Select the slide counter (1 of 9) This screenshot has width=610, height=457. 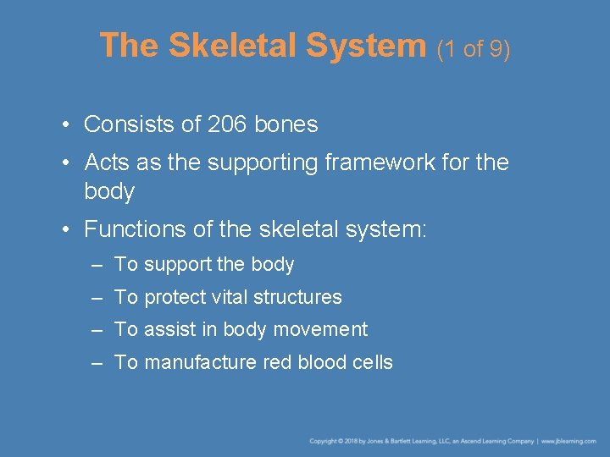[x=474, y=48]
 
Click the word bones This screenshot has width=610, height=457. [x=286, y=124]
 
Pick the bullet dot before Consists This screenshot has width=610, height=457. [x=65, y=125]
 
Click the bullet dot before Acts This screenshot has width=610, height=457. [x=65, y=162]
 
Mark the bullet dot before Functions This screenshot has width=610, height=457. [x=65, y=229]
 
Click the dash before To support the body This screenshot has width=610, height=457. [x=97, y=265]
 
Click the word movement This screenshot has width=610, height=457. [x=326, y=329]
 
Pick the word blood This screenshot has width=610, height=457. [x=321, y=362]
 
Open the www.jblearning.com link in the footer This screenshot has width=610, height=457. [x=569, y=441]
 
